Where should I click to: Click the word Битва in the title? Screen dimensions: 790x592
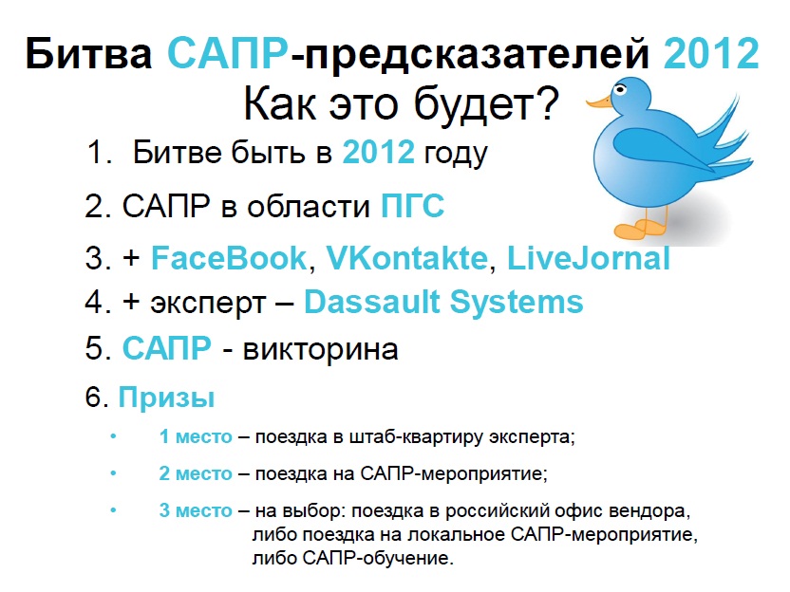tap(88, 53)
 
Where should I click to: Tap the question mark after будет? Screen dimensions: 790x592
tap(546, 103)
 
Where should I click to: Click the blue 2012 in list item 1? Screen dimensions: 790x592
tap(378, 152)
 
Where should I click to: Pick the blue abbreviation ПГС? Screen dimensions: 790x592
tap(413, 205)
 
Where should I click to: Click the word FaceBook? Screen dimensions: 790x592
tap(229, 258)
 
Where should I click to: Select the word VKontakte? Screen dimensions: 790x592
tap(407, 258)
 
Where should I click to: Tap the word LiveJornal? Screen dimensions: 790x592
tap(589, 258)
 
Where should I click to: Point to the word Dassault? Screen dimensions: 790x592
tap(372, 302)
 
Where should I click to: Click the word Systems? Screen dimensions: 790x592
tap(517, 303)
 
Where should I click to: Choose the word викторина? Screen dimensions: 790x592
tap(320, 349)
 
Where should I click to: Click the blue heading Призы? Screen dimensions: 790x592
tap(166, 398)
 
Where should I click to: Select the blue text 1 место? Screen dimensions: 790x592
tap(196, 436)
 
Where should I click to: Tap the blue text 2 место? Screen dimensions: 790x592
tap(196, 473)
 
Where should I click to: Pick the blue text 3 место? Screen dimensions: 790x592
tap(196, 510)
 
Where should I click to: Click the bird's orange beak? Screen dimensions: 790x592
tap(599, 102)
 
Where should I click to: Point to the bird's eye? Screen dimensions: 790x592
tap(620, 89)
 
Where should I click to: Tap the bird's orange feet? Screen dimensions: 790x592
tap(639, 229)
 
